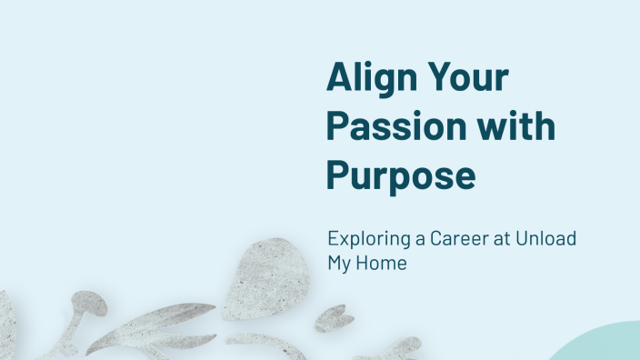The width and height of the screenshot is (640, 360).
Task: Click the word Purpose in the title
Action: (401, 174)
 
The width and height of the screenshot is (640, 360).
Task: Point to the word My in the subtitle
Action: (341, 264)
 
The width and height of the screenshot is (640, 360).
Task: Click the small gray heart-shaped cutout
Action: (334, 317)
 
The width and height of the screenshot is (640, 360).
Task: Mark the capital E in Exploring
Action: (333, 239)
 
